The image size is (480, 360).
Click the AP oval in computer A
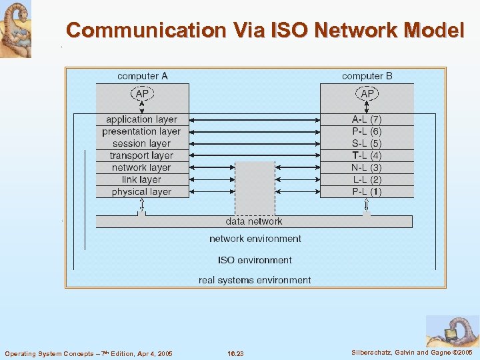click(x=142, y=94)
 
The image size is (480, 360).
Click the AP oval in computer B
click(x=367, y=94)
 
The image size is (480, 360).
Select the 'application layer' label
click(x=141, y=119)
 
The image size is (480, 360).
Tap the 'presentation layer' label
click(x=141, y=131)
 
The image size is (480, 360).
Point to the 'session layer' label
click(x=141, y=143)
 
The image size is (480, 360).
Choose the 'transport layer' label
click(x=141, y=155)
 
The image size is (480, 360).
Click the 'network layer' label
click(x=141, y=167)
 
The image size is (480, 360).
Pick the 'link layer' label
click(x=141, y=179)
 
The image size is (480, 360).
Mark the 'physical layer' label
click(x=141, y=192)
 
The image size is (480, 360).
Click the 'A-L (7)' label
click(x=367, y=119)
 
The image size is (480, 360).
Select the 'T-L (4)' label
click(x=367, y=155)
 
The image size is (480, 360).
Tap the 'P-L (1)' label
click(x=367, y=192)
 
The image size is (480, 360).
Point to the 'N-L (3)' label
click(x=367, y=167)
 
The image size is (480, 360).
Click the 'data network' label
click(x=254, y=221)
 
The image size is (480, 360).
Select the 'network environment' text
click(x=255, y=239)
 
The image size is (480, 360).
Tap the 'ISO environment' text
click(x=255, y=260)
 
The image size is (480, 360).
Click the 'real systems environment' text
click(x=255, y=280)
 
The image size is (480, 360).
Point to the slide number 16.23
click(x=235, y=353)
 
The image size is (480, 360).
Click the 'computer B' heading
click(x=367, y=76)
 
